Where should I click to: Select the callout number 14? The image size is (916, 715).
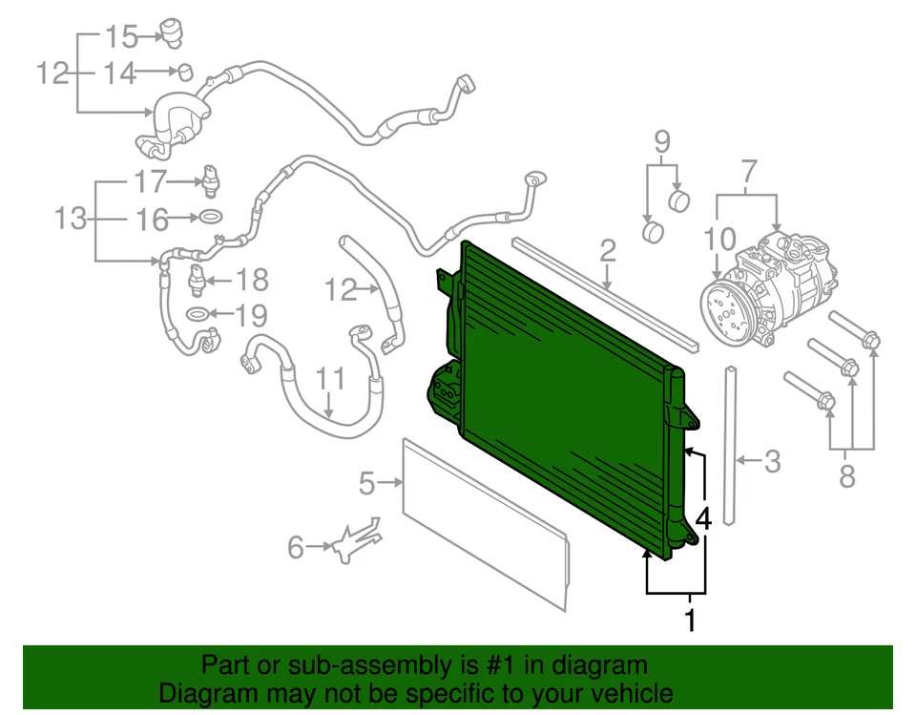coord(120,73)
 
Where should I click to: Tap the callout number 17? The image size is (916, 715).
coord(150,180)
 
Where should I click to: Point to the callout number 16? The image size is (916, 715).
coord(151,220)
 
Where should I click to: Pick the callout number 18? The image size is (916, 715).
coord(253,281)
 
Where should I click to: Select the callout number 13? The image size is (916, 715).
coord(71,219)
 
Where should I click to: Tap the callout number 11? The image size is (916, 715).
coord(330,379)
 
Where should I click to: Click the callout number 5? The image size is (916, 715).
coord(367,485)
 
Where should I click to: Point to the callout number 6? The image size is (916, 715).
coord(296,547)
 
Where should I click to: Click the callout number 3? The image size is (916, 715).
coord(772,462)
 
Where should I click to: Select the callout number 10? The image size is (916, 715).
coord(721,238)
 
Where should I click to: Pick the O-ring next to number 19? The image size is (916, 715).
coord(196,315)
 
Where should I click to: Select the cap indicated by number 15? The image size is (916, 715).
coord(171,30)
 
